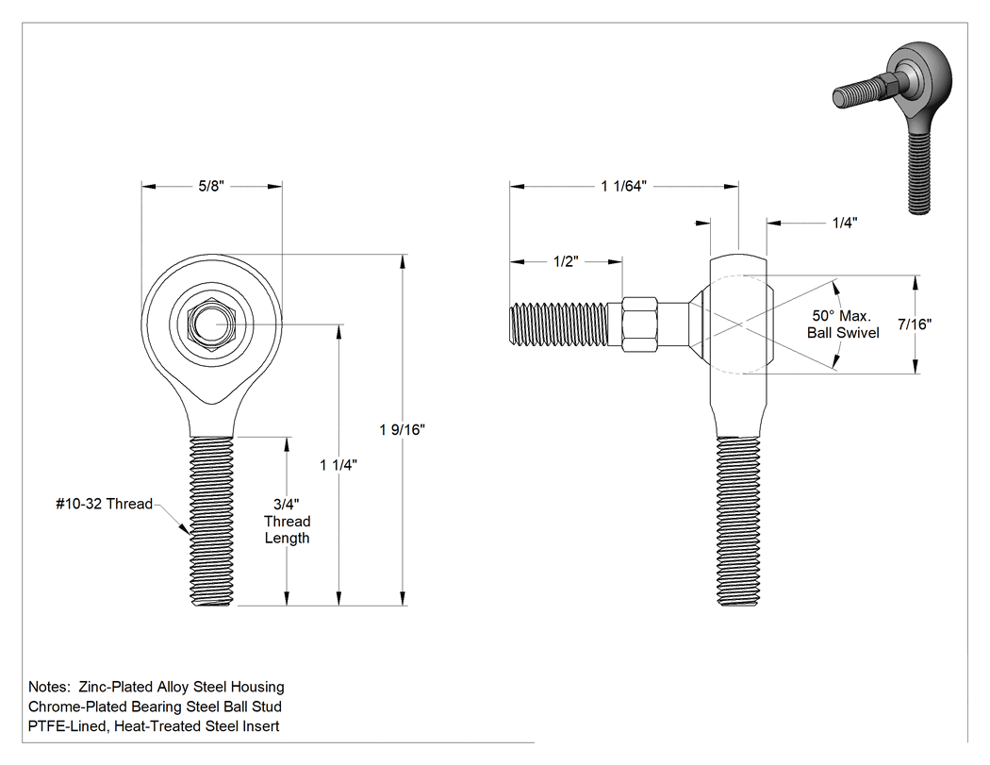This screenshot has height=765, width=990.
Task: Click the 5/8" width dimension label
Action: coord(211,187)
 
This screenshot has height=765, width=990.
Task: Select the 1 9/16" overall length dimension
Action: coord(402,429)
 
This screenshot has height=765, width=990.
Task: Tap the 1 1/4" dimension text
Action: coord(338,465)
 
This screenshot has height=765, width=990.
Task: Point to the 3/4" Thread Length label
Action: coord(288,521)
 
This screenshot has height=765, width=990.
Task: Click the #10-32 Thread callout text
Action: coord(104,504)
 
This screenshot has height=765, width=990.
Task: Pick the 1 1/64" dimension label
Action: coord(624,187)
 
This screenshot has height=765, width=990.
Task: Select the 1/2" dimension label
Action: coord(566,261)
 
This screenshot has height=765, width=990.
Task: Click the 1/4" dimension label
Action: coord(844,223)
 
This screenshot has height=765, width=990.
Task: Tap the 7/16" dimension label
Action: coord(915,324)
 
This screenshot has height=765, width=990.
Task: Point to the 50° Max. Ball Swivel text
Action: coord(843,324)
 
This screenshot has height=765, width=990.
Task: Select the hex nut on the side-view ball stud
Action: coord(639,324)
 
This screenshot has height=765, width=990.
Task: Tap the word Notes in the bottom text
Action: coord(49,687)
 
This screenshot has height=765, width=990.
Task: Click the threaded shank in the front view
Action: coord(212,521)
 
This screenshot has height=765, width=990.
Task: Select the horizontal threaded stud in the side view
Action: coord(559,324)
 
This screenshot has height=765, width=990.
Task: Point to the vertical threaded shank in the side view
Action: coord(738,521)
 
